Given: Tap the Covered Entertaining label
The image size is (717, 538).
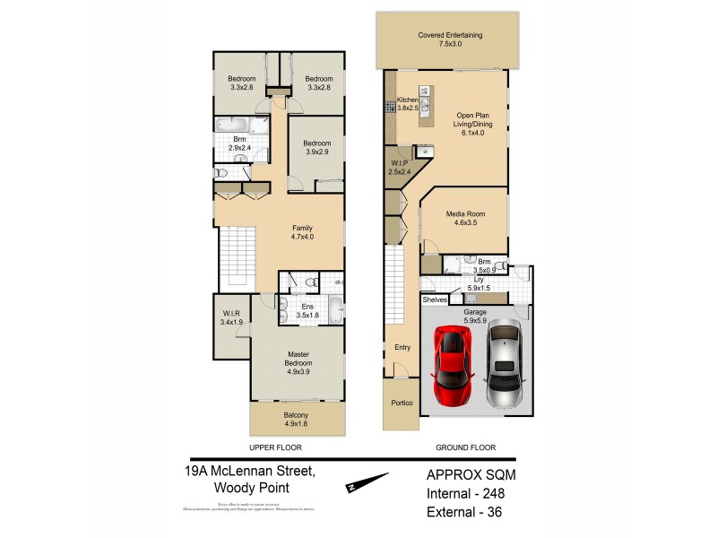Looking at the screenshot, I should [450, 40].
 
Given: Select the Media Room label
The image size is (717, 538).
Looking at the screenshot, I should [464, 220].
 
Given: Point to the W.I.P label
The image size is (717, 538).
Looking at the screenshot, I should [399, 168].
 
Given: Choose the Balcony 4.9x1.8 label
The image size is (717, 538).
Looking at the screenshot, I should [296, 419].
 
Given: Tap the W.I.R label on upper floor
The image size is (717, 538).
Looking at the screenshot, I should [232, 318].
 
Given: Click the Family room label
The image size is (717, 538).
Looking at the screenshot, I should [302, 232].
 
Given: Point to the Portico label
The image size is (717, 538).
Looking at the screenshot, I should [402, 403].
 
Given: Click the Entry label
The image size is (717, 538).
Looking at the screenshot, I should [402, 346].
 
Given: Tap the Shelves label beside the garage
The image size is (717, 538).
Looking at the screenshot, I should [435, 299].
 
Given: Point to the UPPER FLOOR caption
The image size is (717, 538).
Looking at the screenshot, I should [275, 447].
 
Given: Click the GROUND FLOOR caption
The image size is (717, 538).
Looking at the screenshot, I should [465, 447].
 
